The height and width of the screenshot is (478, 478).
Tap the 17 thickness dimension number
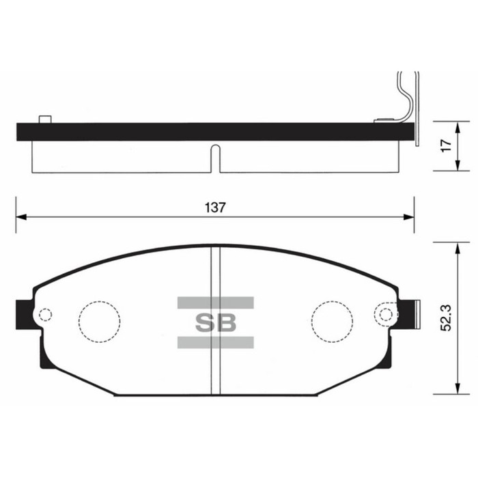(x=445, y=145)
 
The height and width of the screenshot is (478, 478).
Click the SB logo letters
(x=216, y=323)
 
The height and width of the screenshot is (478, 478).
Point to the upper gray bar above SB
(x=216, y=302)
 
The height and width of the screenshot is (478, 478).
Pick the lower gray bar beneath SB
(x=216, y=343)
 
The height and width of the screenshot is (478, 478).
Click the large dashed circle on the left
(x=99, y=321)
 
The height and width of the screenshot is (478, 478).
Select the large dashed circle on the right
(x=333, y=321)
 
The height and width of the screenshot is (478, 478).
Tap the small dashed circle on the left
(x=46, y=315)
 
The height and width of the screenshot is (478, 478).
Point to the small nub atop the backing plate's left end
(x=46, y=119)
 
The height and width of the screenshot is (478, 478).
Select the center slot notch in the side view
(x=214, y=158)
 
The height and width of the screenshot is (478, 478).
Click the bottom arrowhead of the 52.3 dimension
(x=455, y=391)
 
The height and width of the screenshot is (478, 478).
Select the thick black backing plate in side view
(x=205, y=132)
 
